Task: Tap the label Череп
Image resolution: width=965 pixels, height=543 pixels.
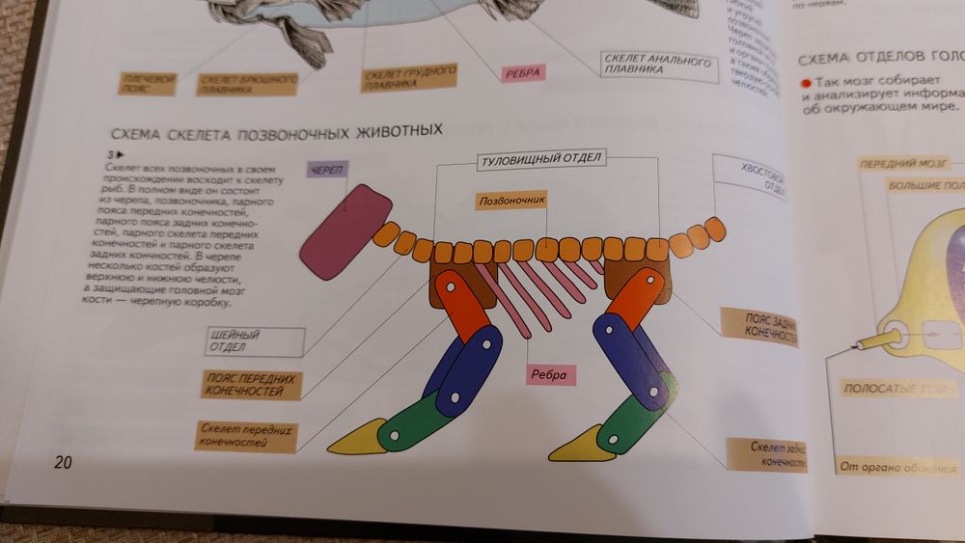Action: pos(325,171)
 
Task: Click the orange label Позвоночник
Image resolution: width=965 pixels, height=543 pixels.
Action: pos(512,202)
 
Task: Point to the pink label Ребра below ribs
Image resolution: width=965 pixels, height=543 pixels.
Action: pos(550,374)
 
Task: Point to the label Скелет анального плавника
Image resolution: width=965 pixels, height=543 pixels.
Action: pos(655,65)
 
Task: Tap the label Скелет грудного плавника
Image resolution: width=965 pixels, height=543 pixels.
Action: pos(409,78)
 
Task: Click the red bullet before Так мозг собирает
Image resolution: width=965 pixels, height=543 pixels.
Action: pos(803,84)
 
